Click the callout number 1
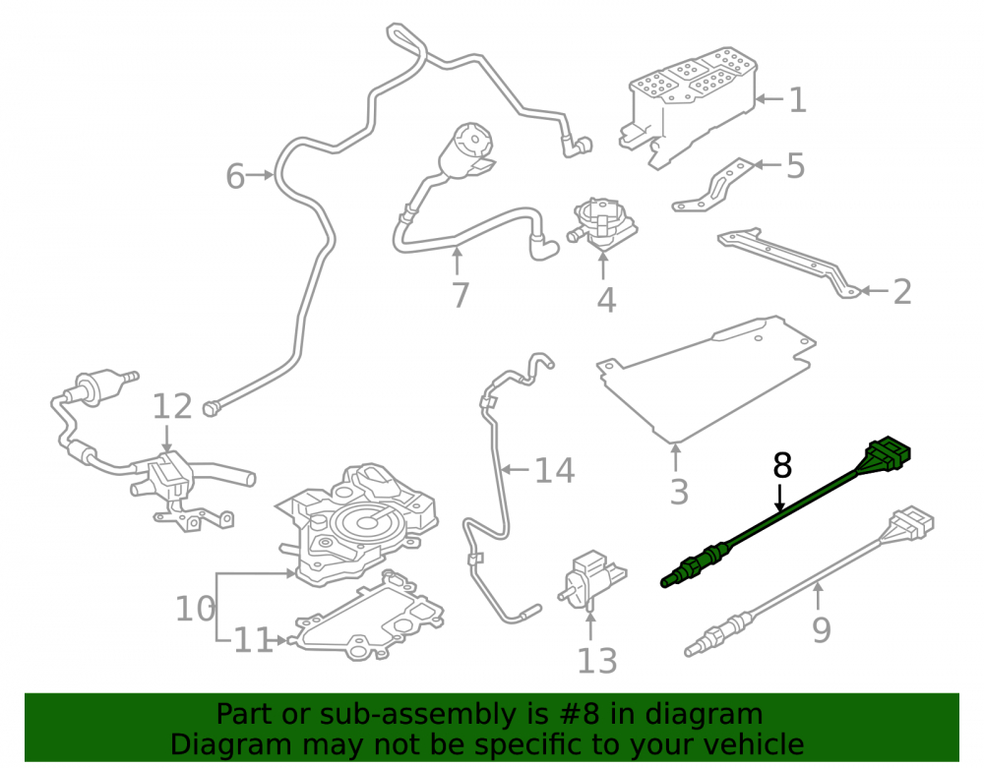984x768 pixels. click(797, 99)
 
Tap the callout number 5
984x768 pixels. click(795, 165)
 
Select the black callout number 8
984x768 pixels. click(782, 466)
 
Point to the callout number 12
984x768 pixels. click(172, 406)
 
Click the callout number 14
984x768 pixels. click(554, 470)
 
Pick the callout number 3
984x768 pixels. click(679, 492)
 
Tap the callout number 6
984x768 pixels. click(235, 176)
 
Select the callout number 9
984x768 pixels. click(822, 629)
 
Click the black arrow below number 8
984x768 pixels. click(779, 498)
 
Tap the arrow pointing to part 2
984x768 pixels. click(874, 291)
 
